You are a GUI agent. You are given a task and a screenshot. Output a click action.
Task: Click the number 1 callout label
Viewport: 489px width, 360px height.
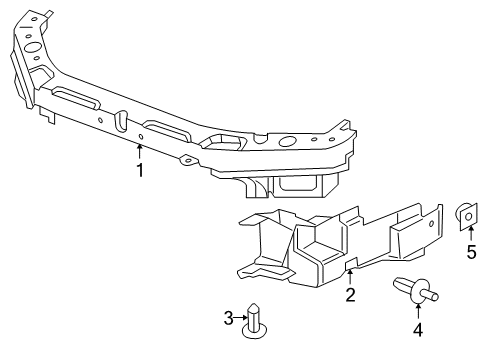click(140, 170)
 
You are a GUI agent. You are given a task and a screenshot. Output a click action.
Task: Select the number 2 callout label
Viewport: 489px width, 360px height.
click(350, 294)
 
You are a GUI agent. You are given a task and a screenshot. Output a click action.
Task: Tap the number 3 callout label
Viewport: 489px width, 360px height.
click(228, 318)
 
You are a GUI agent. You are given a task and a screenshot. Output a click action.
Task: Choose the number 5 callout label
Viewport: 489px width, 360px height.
click(471, 252)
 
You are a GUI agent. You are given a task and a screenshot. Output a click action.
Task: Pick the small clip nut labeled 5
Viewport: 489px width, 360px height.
click(465, 214)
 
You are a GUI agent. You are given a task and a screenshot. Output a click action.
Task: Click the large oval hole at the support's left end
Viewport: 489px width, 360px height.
click(32, 45)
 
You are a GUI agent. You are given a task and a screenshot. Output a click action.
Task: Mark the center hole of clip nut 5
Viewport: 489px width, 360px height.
click(467, 213)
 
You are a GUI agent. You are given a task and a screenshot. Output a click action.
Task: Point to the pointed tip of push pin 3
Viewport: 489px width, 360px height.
click(256, 306)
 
